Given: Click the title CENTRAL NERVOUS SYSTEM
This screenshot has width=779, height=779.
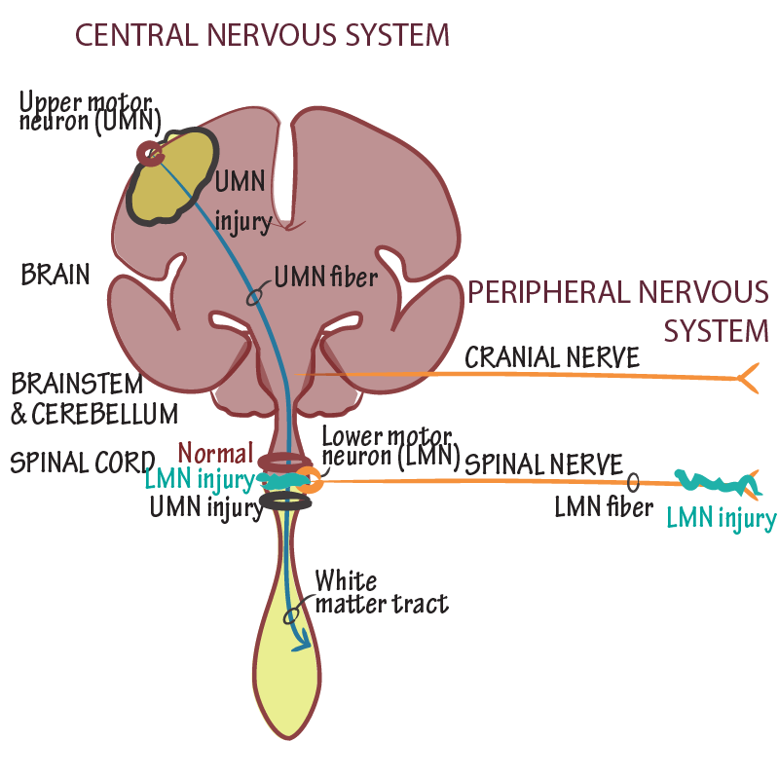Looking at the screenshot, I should (262, 35).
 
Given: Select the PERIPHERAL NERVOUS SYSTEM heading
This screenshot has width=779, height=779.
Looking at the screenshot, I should (618, 311).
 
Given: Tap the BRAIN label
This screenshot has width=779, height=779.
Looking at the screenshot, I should (55, 276).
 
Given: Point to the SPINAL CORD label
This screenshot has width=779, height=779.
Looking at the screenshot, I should (82, 462).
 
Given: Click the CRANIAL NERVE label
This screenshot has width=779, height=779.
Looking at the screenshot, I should (552, 357).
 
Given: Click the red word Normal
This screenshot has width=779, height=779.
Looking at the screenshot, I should (215, 454).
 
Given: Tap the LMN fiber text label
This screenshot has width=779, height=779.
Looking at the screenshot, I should (604, 506).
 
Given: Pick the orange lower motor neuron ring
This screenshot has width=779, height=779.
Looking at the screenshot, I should (309, 478).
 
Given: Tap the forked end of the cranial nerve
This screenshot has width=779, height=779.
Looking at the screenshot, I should (747, 378).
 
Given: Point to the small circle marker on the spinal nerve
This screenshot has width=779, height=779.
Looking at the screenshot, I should (633, 481).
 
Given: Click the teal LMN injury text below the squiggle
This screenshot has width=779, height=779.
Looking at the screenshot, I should (721, 518).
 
